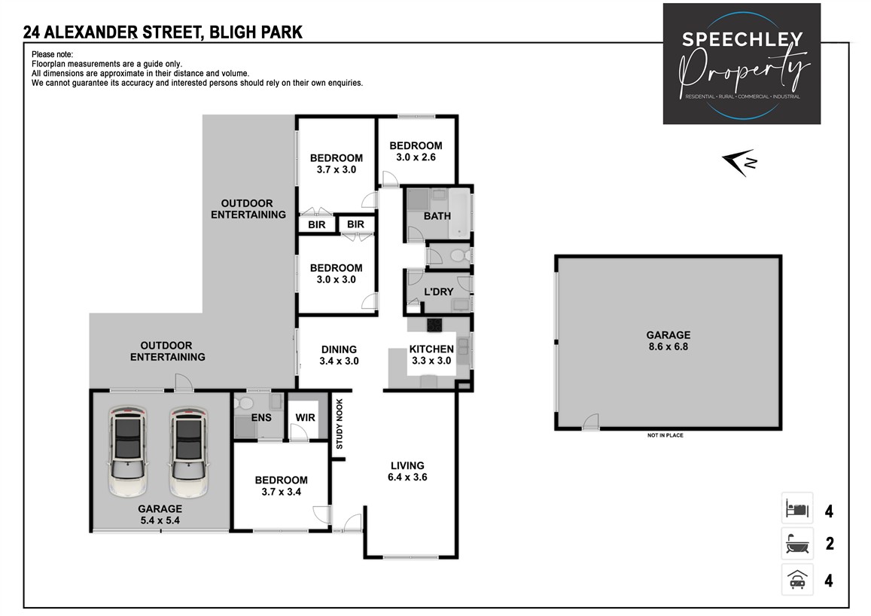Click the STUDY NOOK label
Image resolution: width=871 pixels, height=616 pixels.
point(340,424)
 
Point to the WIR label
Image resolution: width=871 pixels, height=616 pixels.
point(306,416)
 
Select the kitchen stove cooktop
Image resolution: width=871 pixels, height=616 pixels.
point(435,325)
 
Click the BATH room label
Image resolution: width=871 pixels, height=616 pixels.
point(437,216)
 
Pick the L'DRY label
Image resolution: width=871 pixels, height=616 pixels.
point(437,291)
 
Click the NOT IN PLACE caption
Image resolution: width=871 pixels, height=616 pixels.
point(665,435)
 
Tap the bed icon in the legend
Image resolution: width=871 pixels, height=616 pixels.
point(796,509)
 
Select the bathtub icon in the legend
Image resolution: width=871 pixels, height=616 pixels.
point(796,543)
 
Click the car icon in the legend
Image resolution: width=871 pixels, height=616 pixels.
point(796,579)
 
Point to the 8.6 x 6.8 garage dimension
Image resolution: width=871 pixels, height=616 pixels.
point(668,347)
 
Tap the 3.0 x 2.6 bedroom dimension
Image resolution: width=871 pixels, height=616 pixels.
point(416,157)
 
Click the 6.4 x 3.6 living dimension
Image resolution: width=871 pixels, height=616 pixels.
point(407,477)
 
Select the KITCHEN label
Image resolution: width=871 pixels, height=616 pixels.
point(431,349)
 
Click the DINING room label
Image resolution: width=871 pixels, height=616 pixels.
point(339,349)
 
